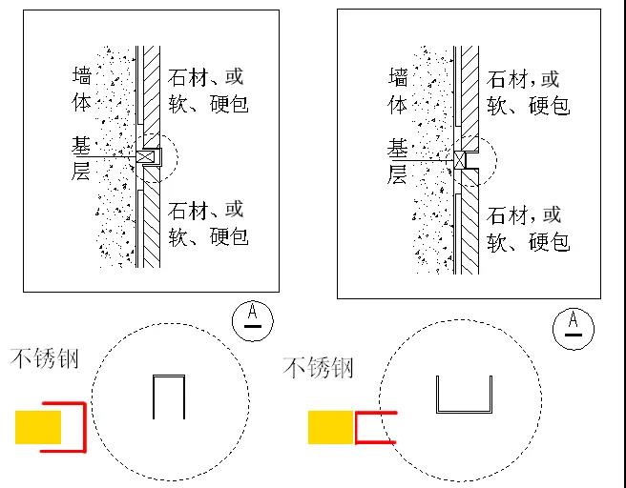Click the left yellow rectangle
(38, 426)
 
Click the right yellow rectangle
(330, 427)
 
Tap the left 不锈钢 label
(45, 359)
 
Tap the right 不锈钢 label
(319, 368)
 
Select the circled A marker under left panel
(252, 316)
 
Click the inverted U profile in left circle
(169, 396)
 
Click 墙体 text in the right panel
(399, 90)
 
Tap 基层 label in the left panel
(83, 158)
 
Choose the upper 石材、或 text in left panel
(205, 76)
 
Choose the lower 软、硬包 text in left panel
(209, 234)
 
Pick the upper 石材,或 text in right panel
(524, 79)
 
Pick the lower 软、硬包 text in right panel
(528, 242)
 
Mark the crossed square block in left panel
(146, 156)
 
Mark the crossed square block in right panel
(462, 160)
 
